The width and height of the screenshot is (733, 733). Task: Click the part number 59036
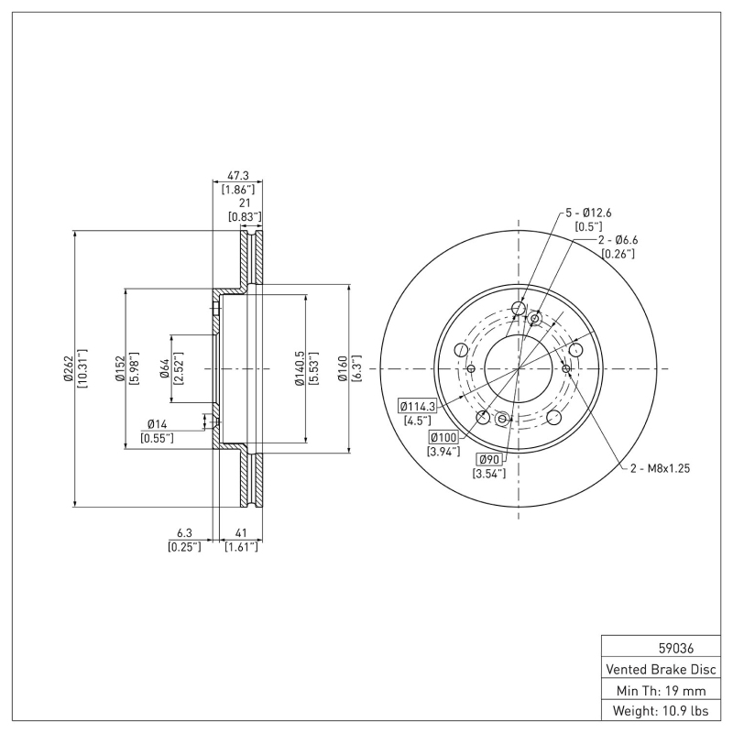point(662,647)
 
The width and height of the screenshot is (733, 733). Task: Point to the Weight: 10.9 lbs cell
point(662,710)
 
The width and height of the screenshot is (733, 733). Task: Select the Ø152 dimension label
point(120,368)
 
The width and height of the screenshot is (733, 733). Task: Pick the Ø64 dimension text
point(164,368)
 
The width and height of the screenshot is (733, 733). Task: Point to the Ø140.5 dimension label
point(299,368)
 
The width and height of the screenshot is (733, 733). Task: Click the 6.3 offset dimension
point(184,532)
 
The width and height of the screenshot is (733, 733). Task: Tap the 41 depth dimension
point(242,532)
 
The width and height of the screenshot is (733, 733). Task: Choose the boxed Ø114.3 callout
point(417,406)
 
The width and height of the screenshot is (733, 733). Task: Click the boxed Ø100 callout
point(443,438)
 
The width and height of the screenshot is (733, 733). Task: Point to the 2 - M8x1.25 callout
point(659,468)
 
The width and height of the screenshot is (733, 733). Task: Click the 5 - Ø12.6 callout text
point(586,213)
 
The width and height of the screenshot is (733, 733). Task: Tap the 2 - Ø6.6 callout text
point(618,240)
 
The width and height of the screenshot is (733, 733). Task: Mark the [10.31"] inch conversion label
point(82,368)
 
